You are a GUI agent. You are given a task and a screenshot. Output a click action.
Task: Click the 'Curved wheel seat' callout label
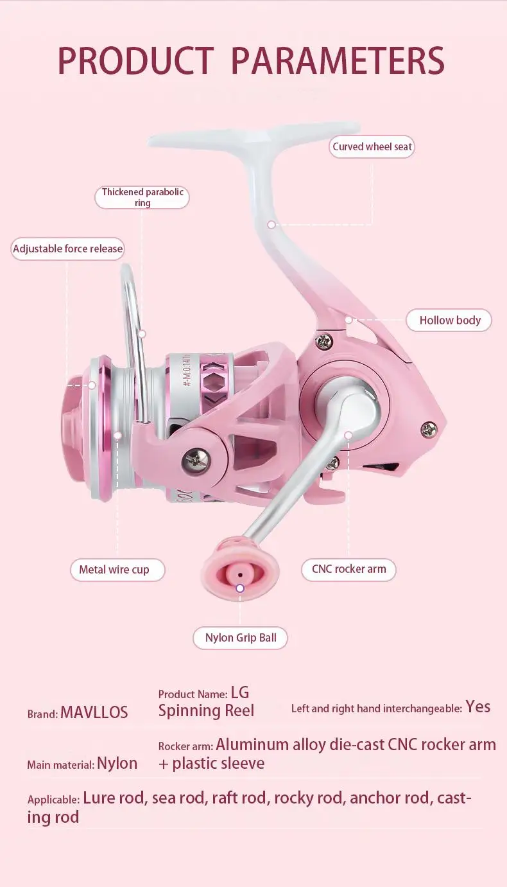tap(372, 147)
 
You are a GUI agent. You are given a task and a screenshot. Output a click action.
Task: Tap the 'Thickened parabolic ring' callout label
tap(142, 197)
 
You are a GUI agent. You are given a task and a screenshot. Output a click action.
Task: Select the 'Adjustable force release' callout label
tap(67, 249)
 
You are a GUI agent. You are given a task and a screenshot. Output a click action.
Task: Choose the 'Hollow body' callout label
tap(449, 321)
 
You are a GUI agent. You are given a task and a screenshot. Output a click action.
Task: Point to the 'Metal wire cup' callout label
tap(114, 570)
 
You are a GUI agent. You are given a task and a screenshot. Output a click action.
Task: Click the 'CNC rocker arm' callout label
tap(348, 569)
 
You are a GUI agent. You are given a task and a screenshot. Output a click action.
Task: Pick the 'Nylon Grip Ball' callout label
tap(241, 638)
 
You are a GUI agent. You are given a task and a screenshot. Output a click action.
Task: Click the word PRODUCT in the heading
tap(135, 62)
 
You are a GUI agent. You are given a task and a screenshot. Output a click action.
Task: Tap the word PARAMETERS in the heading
tap(338, 62)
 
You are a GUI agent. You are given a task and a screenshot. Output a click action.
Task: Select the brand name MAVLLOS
tap(94, 712)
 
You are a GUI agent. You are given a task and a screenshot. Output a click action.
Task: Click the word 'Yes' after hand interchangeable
tap(478, 707)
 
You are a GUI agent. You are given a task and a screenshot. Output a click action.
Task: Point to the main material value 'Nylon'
tap(117, 764)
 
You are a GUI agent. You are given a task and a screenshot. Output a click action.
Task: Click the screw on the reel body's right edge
tap(429, 428)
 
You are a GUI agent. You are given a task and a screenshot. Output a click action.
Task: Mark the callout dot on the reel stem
tap(271, 224)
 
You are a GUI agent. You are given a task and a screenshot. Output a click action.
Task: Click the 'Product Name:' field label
tap(193, 694)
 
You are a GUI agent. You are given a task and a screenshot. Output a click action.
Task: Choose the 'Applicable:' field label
tap(53, 800)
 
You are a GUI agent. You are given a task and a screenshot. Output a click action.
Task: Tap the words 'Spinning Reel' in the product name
tap(206, 711)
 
